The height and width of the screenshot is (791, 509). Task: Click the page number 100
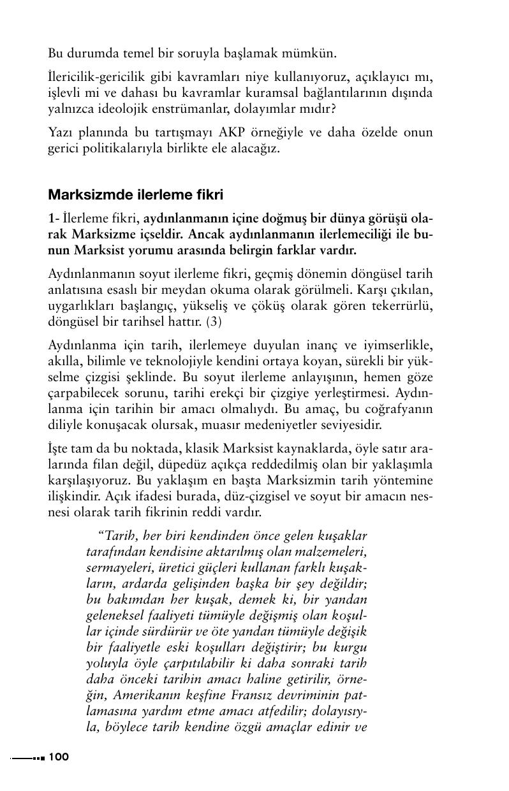click(58, 757)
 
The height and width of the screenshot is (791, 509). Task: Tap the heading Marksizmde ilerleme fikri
click(136, 193)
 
